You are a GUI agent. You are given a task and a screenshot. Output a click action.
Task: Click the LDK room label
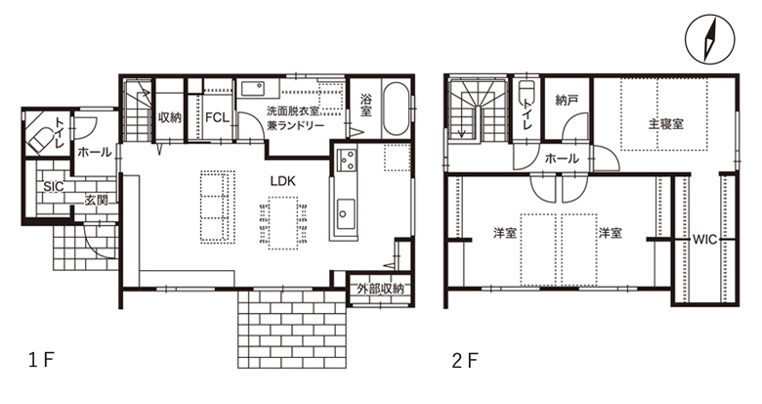[283, 181]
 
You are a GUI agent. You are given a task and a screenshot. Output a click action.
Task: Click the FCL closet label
[217, 117]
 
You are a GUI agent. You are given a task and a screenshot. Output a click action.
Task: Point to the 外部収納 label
[381, 289]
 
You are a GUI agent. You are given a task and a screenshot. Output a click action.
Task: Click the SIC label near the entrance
[54, 187]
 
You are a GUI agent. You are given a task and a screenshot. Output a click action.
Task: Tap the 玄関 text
[96, 200]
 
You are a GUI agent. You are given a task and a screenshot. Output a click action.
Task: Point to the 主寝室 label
[666, 123]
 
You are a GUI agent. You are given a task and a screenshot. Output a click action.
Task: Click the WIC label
[704, 240]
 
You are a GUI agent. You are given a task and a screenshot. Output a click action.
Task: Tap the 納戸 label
[567, 101]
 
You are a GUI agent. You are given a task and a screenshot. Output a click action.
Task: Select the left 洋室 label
[504, 233]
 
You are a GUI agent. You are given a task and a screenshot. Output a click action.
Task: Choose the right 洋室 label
[610, 233]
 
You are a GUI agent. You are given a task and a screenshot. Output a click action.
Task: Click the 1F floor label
[41, 361]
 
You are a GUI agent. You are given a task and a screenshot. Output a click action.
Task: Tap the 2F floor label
[465, 361]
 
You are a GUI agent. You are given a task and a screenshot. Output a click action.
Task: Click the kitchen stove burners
[348, 159]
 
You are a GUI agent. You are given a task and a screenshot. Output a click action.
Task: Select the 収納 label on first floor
[170, 117]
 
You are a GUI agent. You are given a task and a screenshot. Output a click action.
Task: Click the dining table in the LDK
[283, 223]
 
